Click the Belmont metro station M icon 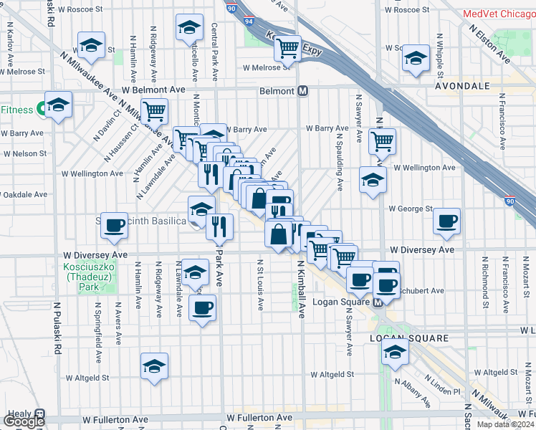303,91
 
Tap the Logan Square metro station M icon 378,303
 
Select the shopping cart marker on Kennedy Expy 287,49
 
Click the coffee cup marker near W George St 447,221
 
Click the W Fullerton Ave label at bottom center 259,417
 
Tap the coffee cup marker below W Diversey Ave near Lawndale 202,308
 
